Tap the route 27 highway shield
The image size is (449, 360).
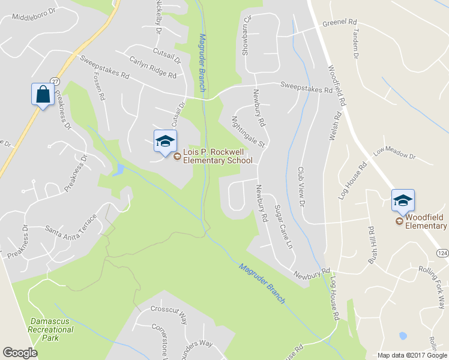tap(55, 80)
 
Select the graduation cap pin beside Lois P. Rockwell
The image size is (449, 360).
tap(165, 142)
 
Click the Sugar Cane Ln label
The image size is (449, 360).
tap(283, 228)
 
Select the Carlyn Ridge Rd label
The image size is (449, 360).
tap(153, 67)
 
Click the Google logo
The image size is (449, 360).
tap(20, 353)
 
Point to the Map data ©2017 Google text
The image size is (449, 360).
tap(412, 355)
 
